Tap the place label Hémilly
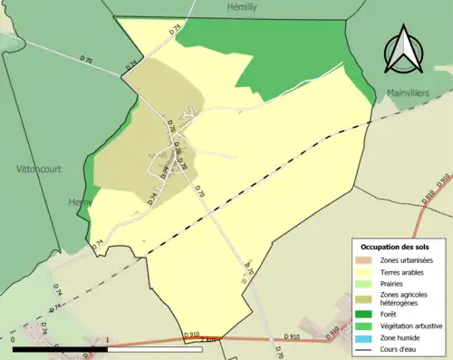click(x=244, y=6)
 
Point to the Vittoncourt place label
click(x=38, y=169)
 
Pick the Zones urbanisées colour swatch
click(x=365, y=260)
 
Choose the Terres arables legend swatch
click(x=365, y=271)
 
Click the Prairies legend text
click(x=394, y=283)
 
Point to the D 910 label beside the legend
click(x=333, y=333)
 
